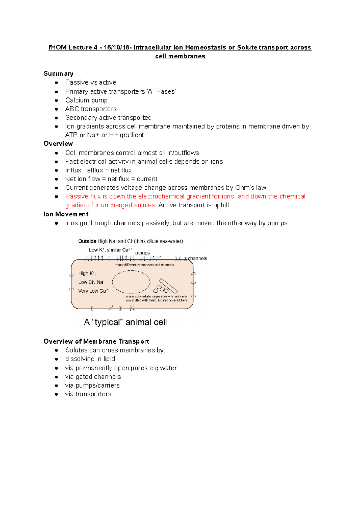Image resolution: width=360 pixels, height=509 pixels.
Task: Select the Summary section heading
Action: tap(58, 74)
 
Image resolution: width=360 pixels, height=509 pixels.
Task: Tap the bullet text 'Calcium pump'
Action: tap(86, 100)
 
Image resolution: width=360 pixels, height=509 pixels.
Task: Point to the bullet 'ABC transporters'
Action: tap(91, 109)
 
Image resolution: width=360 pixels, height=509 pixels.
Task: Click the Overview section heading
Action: tap(58, 144)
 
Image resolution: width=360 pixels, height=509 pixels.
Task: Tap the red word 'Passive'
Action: tap(76, 196)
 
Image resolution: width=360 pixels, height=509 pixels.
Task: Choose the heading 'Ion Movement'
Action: tap(66, 214)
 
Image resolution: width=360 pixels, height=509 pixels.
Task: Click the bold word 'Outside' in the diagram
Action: tap(87, 241)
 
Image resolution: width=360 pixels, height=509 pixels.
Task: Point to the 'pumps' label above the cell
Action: tap(142, 253)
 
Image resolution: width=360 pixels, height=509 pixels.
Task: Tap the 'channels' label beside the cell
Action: tap(197, 258)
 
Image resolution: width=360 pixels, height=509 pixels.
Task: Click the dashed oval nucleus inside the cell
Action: tap(131, 282)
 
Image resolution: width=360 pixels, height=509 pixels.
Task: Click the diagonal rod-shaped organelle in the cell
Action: tap(168, 286)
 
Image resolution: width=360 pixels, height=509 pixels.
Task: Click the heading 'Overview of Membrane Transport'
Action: tap(96, 341)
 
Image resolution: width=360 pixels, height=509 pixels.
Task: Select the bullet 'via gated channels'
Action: tap(93, 377)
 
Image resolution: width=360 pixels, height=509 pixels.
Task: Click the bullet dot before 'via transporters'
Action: tap(56, 394)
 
